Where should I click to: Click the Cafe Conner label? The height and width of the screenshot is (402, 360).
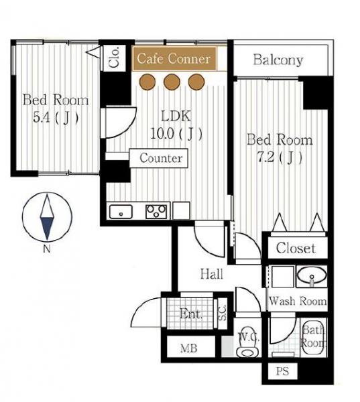pyautogui.click(x=174, y=59)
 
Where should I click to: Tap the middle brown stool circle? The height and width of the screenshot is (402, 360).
pyautogui.click(x=172, y=82)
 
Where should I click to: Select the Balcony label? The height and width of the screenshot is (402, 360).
pyautogui.click(x=278, y=60)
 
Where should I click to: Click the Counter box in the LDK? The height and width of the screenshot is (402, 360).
pyautogui.click(x=159, y=158)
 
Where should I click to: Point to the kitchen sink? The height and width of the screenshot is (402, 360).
pyautogui.click(x=121, y=212)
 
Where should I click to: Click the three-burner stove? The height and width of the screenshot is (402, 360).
pyautogui.click(x=156, y=212)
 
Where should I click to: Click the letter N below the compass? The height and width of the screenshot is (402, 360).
pyautogui.click(x=47, y=249)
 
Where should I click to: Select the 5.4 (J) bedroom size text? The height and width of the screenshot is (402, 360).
pyautogui.click(x=56, y=118)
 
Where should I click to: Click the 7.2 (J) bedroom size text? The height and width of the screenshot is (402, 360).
pyautogui.click(x=280, y=157)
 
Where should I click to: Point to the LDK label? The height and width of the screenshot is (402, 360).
pyautogui.click(x=176, y=116)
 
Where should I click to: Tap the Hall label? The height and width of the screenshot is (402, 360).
pyautogui.click(x=211, y=274)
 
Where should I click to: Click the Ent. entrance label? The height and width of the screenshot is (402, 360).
pyautogui.click(x=190, y=314)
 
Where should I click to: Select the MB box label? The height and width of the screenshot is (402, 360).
pyautogui.click(x=188, y=348)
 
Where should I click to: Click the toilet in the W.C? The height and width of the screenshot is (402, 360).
pyautogui.click(x=247, y=342)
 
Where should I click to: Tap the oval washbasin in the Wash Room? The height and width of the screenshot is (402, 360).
pyautogui.click(x=312, y=276)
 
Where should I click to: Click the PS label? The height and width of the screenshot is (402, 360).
pyautogui.click(x=282, y=371)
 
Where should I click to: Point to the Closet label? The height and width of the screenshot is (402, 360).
pyautogui.click(x=296, y=248)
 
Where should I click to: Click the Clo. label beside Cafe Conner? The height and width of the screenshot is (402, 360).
pyautogui.click(x=114, y=58)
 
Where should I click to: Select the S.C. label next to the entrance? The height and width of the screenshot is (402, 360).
pyautogui.click(x=222, y=312)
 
